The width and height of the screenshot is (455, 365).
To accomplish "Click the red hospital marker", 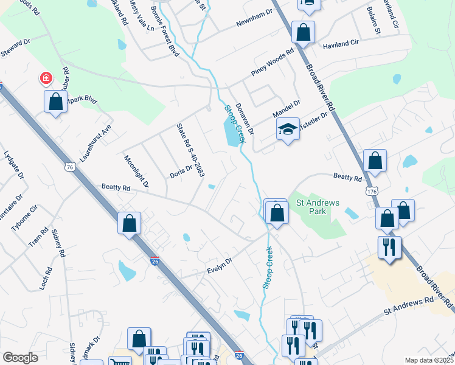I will [46, 78].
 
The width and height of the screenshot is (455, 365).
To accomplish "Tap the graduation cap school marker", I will [288, 129].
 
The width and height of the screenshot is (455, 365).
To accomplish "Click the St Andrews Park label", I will [317, 207].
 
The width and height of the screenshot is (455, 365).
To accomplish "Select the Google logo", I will [20, 358].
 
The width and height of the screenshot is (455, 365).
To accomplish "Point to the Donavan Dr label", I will [244, 117].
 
